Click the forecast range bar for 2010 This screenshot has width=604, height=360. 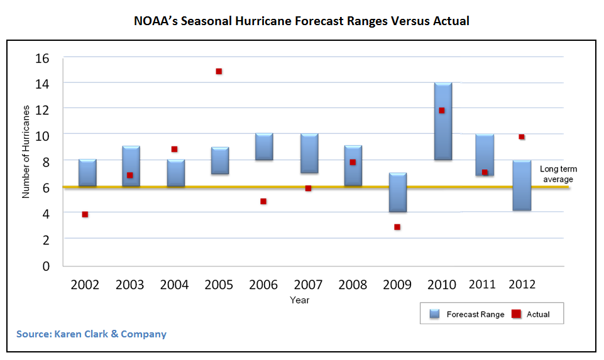coord(442,121)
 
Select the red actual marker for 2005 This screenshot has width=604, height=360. coord(219,71)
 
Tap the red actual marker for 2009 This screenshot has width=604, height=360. coord(397,227)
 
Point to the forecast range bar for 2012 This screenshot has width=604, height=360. coord(522,185)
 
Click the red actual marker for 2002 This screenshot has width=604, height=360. coord(85,214)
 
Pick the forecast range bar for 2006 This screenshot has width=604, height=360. coord(264,147)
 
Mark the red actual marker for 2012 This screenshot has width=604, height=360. coord(522,136)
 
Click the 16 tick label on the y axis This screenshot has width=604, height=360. coord(41,58)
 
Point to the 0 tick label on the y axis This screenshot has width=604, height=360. coord(46,266)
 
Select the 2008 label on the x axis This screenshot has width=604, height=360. coord(353,285)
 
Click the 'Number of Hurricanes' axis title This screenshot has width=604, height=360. coord(26,161)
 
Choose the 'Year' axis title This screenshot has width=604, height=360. coord(299,300)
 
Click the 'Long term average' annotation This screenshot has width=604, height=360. coord(558,174)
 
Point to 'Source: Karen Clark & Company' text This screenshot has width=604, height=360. coord(91,334)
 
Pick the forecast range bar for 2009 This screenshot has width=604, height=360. coord(397,192)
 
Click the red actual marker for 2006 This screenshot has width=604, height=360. coord(263,201)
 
